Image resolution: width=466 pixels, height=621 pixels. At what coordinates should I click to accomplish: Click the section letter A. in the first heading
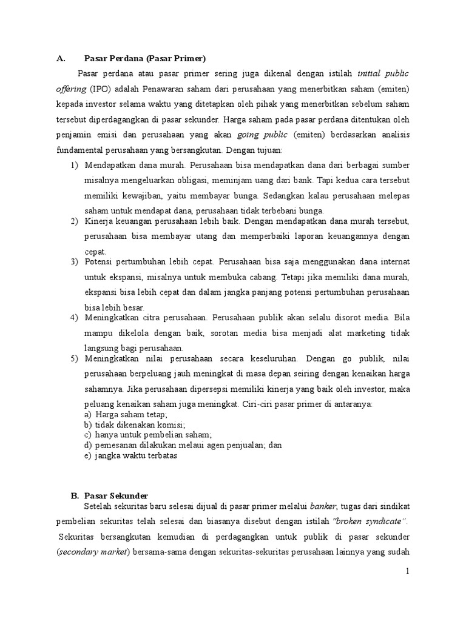tap(60, 59)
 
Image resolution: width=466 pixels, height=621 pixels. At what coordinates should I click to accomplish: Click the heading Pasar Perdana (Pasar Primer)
tap(145, 59)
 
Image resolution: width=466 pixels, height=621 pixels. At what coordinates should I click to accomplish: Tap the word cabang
tap(260, 277)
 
